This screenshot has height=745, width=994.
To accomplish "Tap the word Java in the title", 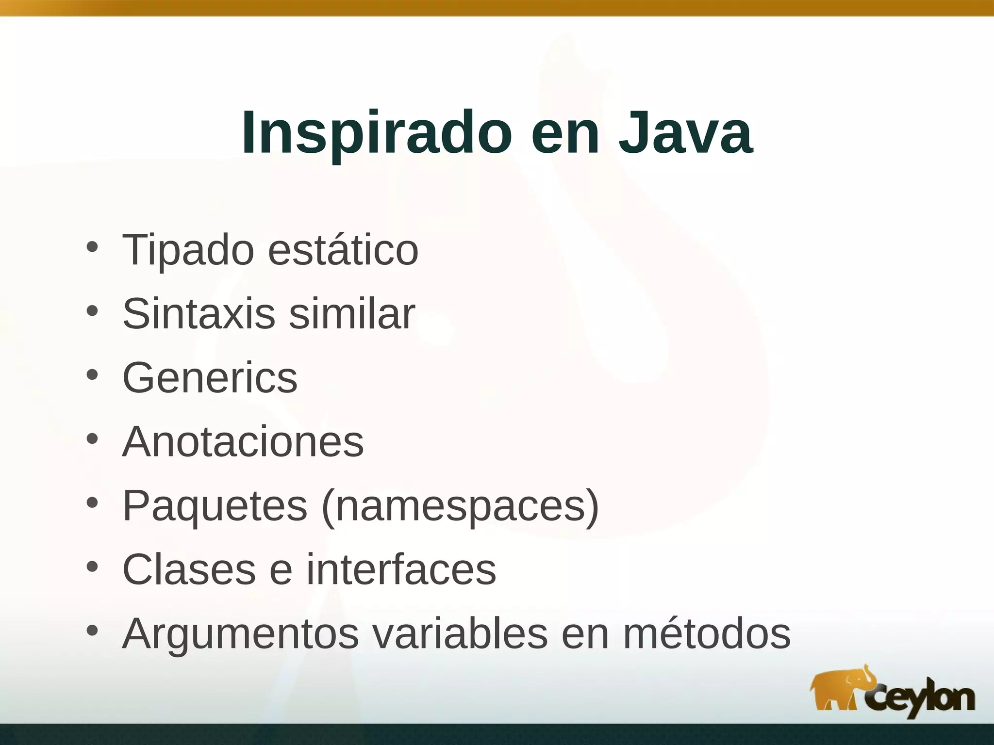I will [685, 133].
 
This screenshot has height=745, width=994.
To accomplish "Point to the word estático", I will [343, 251].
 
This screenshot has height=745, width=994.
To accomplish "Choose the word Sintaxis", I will [199, 314].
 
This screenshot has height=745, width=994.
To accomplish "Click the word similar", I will [352, 314].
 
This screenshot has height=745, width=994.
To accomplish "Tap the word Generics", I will [210, 378].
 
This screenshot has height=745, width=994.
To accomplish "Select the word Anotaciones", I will [243, 442].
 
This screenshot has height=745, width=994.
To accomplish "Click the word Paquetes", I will [215, 506].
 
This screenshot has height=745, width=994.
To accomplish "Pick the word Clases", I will [189, 569].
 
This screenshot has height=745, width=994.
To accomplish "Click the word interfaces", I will [401, 569].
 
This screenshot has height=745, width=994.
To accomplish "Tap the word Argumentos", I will [240, 634].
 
